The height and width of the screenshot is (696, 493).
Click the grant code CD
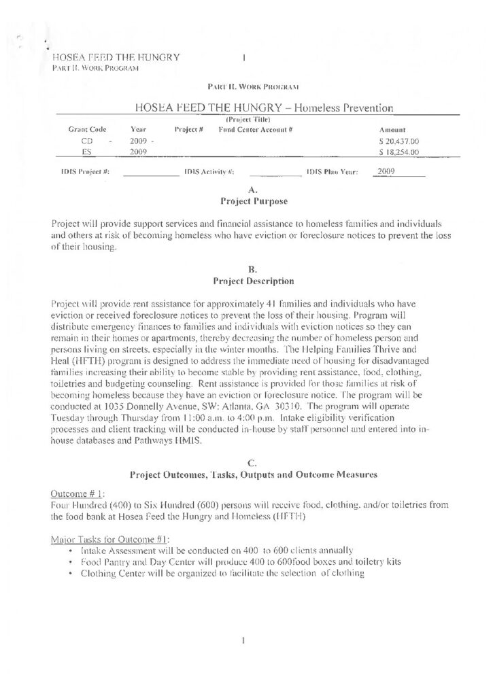click(x=78, y=141)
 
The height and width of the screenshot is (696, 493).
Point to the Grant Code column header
click(x=85, y=129)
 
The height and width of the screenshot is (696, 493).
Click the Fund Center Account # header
click(x=255, y=129)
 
